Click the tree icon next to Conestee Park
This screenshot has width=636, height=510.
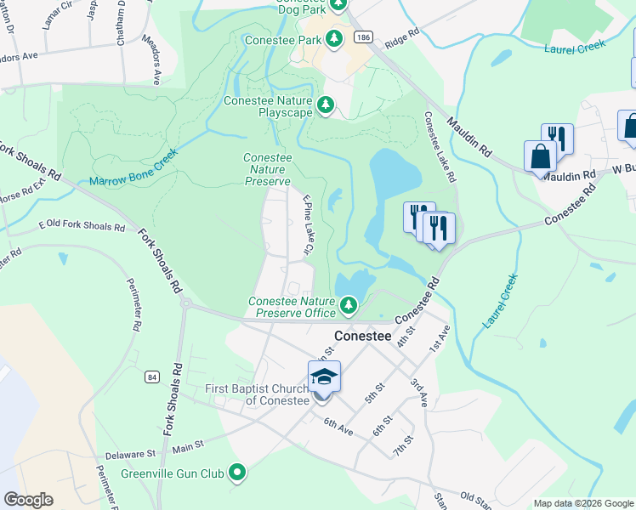[x=335, y=40]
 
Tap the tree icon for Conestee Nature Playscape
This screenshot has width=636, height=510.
[x=325, y=105]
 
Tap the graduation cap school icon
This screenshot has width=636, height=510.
[x=324, y=377]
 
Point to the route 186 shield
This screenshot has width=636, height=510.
[x=363, y=37]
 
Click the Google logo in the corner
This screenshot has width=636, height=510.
[x=29, y=499]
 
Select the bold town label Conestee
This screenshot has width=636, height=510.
[x=363, y=336]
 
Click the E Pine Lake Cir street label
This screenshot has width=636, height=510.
[x=309, y=226]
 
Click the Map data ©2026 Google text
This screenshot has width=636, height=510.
[x=582, y=503]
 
